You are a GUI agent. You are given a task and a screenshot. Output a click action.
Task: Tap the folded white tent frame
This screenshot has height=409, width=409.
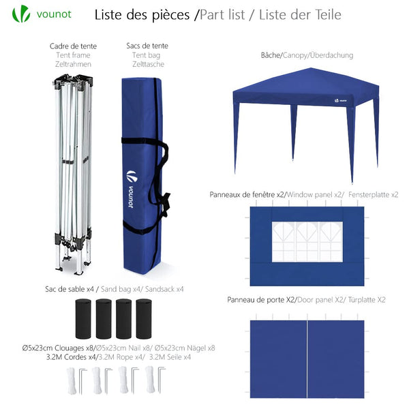pos(72,170)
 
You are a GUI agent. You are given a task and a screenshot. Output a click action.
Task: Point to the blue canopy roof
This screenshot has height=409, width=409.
pos(305,87)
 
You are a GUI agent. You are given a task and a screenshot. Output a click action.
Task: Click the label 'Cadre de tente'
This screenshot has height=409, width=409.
pos(73,46)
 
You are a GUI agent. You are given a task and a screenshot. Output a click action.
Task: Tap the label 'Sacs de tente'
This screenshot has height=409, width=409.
pos(147,46)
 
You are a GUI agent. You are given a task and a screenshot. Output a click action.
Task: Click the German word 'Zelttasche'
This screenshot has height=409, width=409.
pos(147,64)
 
